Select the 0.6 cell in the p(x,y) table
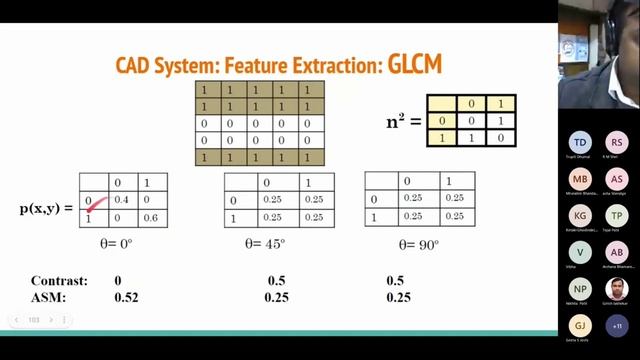[x=151, y=218]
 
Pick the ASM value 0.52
[x=126, y=298]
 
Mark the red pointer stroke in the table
[x=96, y=205]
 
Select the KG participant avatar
[x=580, y=215]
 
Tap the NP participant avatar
[x=580, y=289]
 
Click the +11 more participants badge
[x=618, y=326]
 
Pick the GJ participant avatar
[x=580, y=326]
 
